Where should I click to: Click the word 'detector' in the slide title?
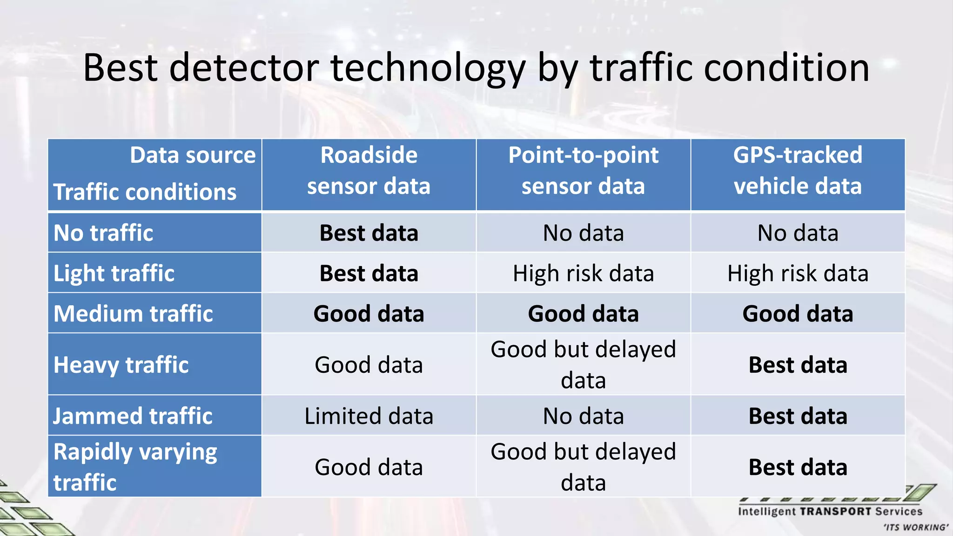pos(243,68)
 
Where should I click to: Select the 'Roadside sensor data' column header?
pos(369,170)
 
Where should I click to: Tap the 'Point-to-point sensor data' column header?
pos(583,170)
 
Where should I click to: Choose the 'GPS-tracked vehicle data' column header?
pos(798,170)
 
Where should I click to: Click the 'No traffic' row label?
pos(103,233)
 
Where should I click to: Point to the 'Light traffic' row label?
pos(114,273)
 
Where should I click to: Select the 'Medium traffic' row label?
pos(133,314)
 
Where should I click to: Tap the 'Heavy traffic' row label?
pos(121,365)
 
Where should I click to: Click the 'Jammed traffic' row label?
pos(133,416)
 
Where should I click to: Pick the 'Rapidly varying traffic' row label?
pos(135,467)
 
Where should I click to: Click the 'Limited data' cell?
pos(369,416)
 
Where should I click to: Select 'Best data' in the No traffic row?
pos(369,233)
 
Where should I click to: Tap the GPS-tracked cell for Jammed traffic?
pos(798,416)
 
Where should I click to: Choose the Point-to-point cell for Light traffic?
pos(583,273)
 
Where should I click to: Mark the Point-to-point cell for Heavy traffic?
pos(583,365)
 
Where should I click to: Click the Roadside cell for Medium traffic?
pos(369,314)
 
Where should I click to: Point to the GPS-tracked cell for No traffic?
pos(798,233)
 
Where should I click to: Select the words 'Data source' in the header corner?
pos(193,155)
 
